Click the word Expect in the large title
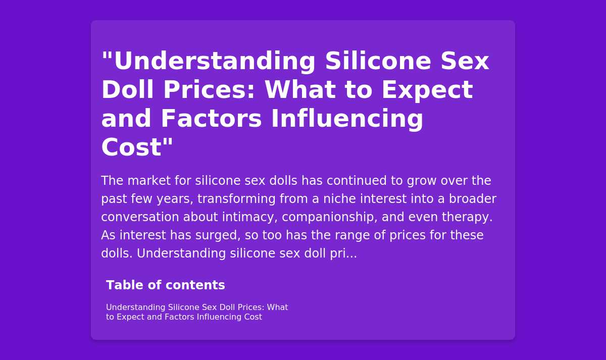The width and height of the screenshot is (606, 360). click(427, 90)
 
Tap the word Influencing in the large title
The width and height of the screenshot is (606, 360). click(347, 119)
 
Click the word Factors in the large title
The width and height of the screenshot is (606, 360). click(211, 119)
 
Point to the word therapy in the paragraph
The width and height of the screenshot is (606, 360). click(467, 217)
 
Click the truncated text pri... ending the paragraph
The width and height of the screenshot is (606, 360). click(343, 253)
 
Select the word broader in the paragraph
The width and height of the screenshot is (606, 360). click(473, 199)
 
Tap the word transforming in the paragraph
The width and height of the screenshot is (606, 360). click(236, 199)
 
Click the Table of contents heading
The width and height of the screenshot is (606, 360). click(166, 285)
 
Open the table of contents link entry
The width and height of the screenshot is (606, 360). click(197, 312)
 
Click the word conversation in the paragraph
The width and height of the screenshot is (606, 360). click(140, 217)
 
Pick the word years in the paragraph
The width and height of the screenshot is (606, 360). click(175, 199)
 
